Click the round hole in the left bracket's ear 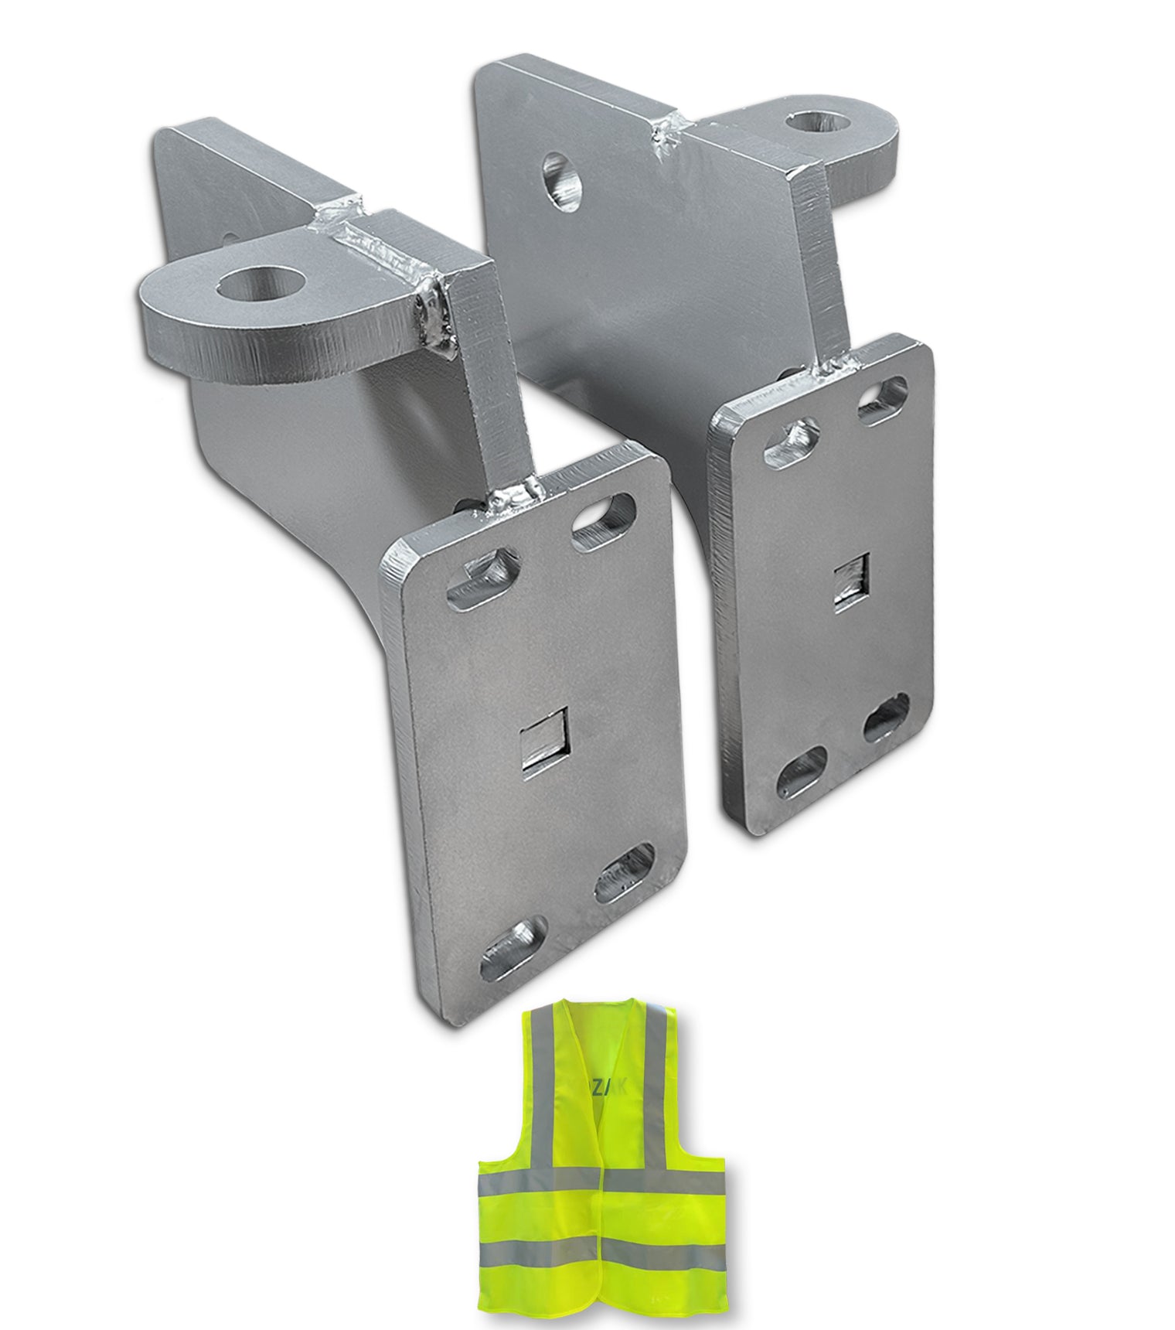252,286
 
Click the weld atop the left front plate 514,495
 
